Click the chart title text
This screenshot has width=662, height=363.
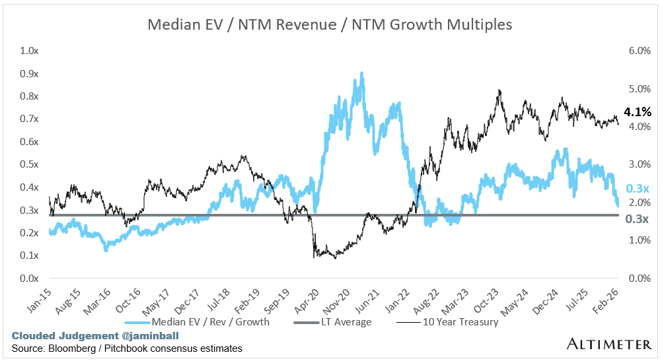click(x=330, y=25)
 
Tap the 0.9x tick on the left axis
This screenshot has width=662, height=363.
click(x=30, y=73)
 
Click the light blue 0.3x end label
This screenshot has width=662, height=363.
click(x=636, y=188)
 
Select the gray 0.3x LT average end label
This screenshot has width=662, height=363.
click(x=637, y=218)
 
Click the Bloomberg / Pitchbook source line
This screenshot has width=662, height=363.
click(x=126, y=348)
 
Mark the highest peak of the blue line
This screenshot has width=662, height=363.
click(x=361, y=73)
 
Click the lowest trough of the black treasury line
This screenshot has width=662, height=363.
click(x=335, y=257)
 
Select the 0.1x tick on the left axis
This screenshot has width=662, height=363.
click(x=30, y=255)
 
